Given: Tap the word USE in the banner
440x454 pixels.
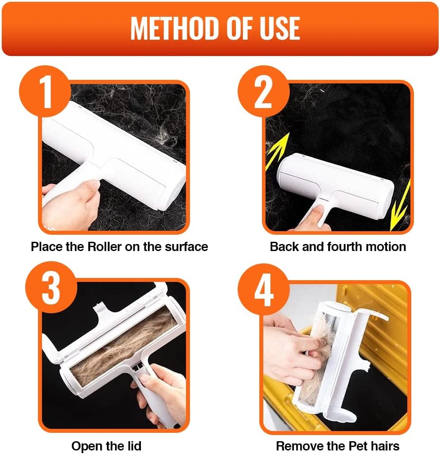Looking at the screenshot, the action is [280, 28].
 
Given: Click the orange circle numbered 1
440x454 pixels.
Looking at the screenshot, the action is [45, 91].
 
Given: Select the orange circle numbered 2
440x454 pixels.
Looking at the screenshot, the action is [263, 91].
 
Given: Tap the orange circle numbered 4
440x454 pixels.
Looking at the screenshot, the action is [263, 289].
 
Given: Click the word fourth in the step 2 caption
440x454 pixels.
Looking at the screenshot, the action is [345, 247].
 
